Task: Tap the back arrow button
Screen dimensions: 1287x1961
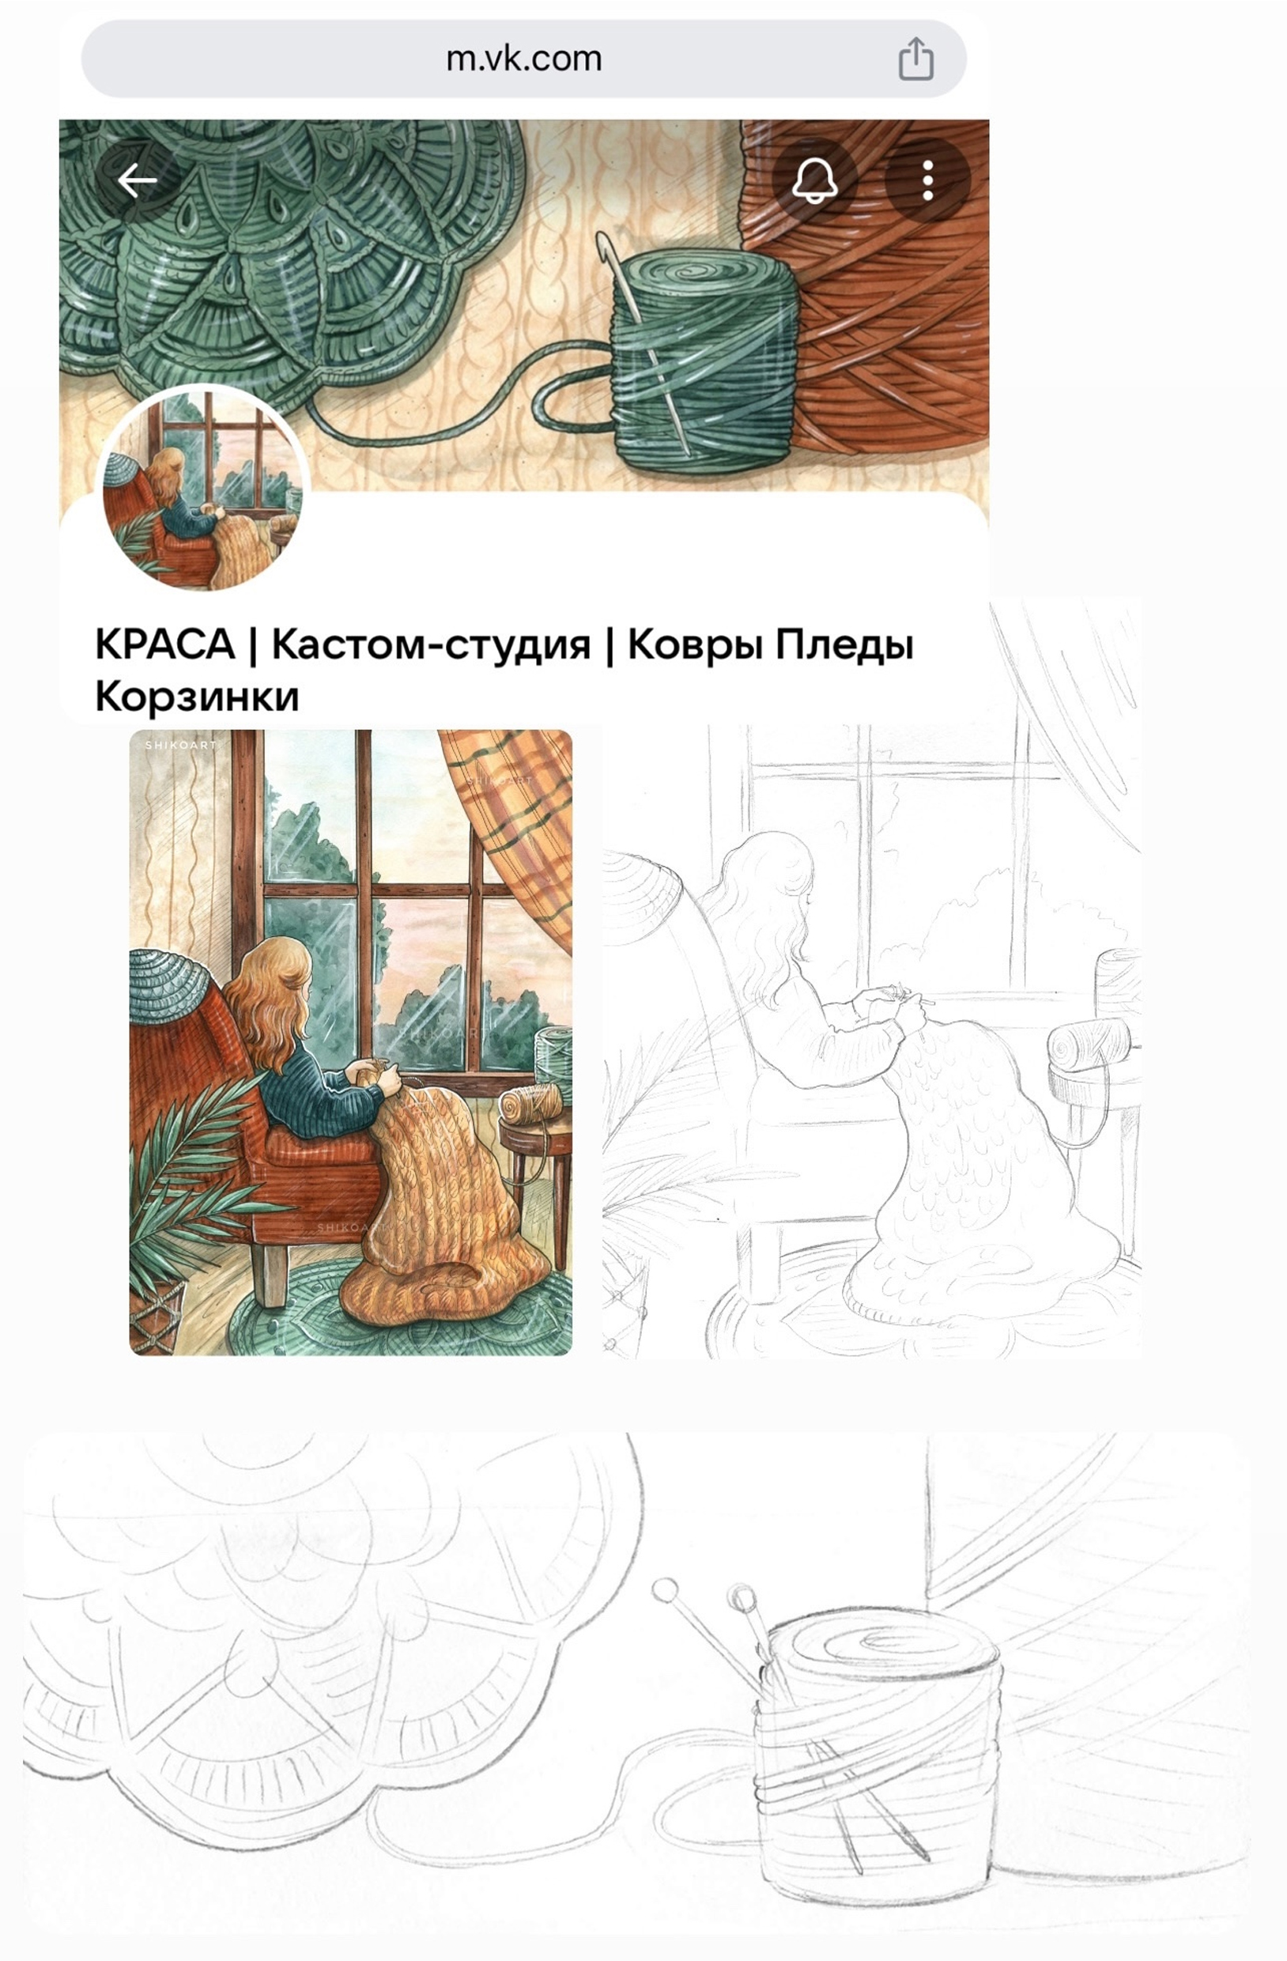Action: coord(138,179)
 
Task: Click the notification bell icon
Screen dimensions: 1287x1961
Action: coord(814,179)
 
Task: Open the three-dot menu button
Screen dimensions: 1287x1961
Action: coord(928,179)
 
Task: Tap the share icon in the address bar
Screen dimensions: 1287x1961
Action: coord(915,59)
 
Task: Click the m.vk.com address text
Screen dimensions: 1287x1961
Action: coord(524,59)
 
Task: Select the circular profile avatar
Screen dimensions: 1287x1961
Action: coord(202,489)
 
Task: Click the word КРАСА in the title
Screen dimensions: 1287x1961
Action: coord(165,644)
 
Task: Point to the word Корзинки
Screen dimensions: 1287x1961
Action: coord(197,697)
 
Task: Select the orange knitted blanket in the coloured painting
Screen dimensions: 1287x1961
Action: coord(445,1219)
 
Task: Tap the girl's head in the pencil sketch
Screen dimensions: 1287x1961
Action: coord(771,882)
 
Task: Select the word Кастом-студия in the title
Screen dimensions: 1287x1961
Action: coord(431,645)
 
